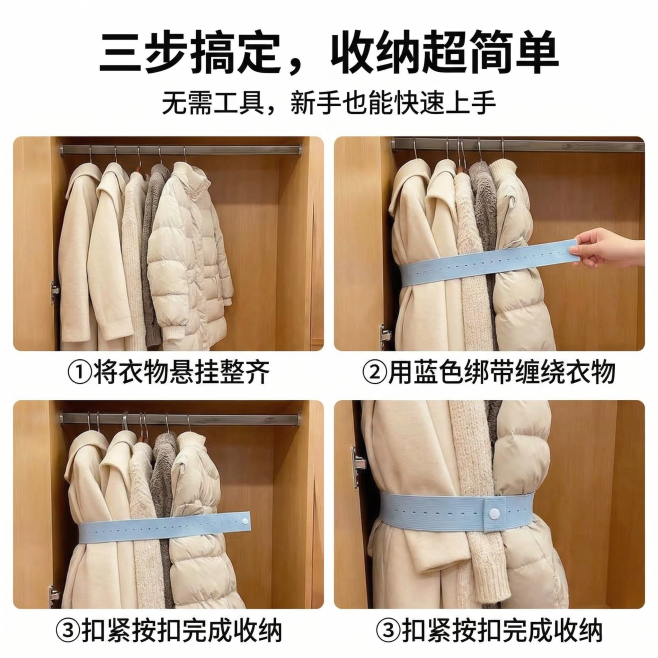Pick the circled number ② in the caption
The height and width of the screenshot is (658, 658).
click(374, 373)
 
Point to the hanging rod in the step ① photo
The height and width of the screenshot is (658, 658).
click(180, 150)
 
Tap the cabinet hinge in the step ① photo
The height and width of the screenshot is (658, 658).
click(55, 291)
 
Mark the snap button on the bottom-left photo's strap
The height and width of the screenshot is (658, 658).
click(243, 520)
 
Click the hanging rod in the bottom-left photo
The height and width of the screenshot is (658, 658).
click(180, 418)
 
